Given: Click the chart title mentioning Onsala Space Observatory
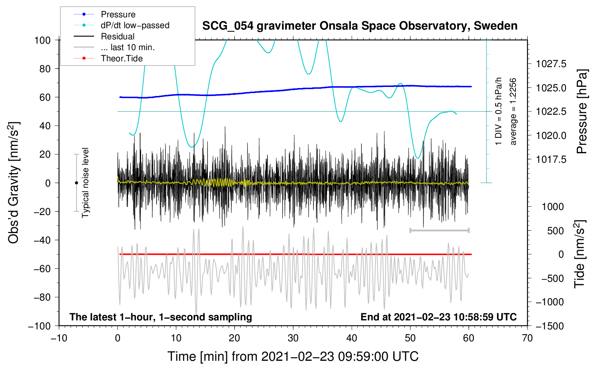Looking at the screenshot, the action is (x=360, y=26).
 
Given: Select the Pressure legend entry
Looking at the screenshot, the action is (x=105, y=14).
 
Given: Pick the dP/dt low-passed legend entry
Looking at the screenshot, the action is (x=121, y=25).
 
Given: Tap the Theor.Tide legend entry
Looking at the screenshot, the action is (x=108, y=58).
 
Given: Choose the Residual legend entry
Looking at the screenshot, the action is (x=104, y=36).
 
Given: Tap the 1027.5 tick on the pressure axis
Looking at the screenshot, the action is (x=551, y=64).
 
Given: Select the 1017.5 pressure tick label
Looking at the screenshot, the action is (x=551, y=159).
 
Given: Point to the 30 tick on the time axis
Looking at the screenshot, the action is (x=293, y=338).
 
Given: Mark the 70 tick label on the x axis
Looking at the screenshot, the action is (x=527, y=338).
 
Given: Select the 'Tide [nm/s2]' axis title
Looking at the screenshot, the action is (x=580, y=254).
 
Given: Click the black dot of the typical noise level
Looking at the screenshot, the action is (x=76, y=183).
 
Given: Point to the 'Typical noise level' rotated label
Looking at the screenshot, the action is (x=85, y=183).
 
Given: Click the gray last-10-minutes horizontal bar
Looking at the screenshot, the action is (x=439, y=230).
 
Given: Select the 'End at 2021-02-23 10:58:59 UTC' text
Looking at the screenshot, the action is (x=438, y=317).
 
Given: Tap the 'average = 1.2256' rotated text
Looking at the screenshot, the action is (x=513, y=111).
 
